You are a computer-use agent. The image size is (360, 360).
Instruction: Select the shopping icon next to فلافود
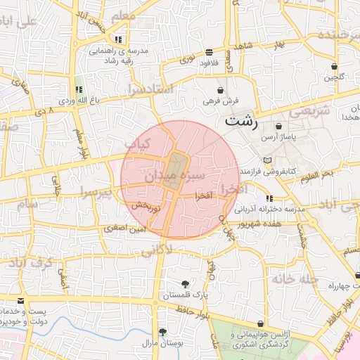pyautogui.click(x=210, y=52)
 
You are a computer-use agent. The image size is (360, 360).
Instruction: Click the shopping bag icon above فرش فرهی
pyautogui.click(x=221, y=90)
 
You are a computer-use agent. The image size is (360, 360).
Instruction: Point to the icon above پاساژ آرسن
pyautogui.click(x=279, y=127)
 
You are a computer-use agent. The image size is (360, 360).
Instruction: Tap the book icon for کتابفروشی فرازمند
pyautogui.click(x=266, y=161)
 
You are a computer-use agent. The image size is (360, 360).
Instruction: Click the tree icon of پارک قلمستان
pyautogui.click(x=185, y=284)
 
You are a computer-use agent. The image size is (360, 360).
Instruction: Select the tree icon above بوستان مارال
pyautogui.click(x=163, y=331)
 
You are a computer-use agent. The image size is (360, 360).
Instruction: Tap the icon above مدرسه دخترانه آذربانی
pyautogui.click(x=269, y=198)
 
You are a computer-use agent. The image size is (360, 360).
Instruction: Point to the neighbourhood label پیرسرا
pyautogui.click(x=94, y=192)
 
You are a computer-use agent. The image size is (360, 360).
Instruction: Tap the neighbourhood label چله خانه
pyautogui.click(x=298, y=278)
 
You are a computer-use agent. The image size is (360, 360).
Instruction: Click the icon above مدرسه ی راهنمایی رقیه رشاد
pyautogui.click(x=118, y=39)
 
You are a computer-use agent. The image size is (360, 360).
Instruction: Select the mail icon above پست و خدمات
pyautogui.click(x=20, y=300)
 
